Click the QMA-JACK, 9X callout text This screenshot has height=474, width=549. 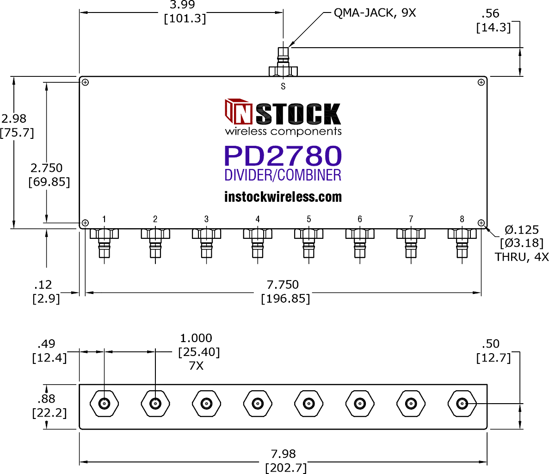(375, 13)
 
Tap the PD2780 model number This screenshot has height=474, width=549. (283, 156)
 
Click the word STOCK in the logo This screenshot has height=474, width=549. (298, 114)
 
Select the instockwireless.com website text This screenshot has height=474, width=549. (283, 197)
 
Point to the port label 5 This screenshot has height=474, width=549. (309, 219)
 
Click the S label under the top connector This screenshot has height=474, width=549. (283, 86)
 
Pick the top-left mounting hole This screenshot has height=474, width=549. (85, 82)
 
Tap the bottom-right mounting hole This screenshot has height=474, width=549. (481, 223)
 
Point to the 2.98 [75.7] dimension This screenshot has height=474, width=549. (16, 125)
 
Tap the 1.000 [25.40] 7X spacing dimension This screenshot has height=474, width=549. (198, 352)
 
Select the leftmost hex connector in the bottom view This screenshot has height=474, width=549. (105, 404)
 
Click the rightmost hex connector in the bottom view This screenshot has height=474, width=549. (462, 404)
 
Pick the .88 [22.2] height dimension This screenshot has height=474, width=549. (49, 405)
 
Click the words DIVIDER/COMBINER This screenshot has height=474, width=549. (283, 175)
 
